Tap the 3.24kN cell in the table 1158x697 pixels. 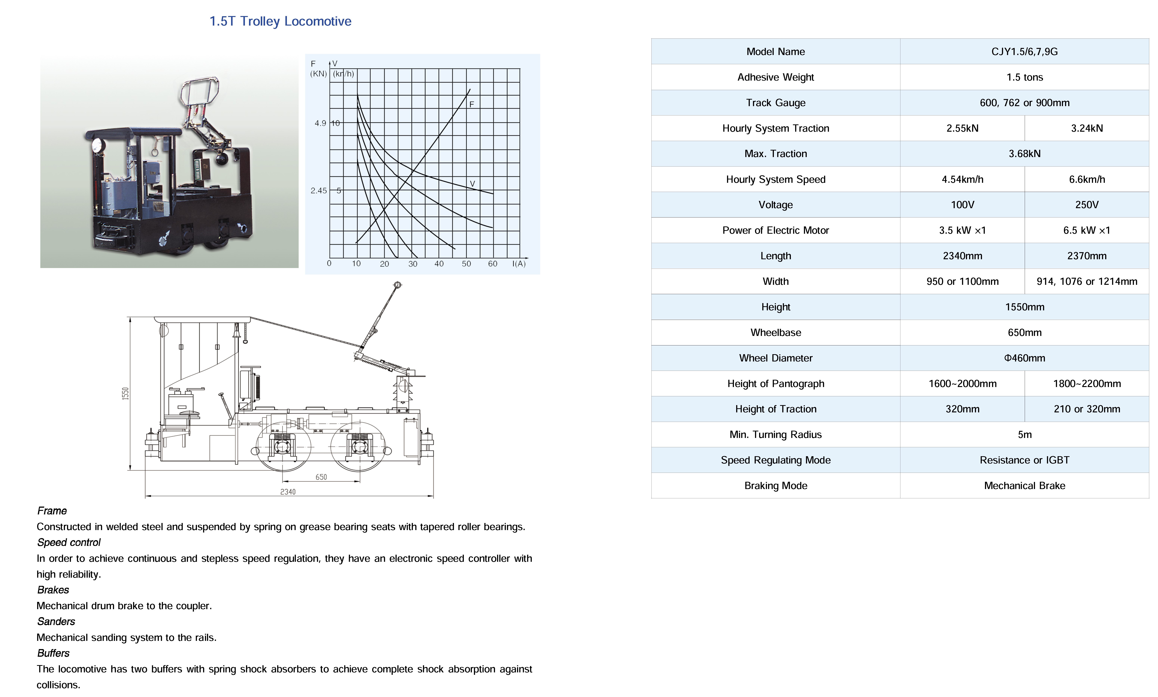[1087, 128]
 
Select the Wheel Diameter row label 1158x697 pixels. [775, 358]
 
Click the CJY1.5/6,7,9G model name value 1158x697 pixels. [1025, 52]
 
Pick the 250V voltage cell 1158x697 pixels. [1087, 205]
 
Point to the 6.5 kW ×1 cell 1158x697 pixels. [1087, 230]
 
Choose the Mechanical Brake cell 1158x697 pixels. [1025, 486]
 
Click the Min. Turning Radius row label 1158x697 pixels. [775, 434]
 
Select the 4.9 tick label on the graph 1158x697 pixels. [320, 123]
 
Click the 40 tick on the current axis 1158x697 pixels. [439, 264]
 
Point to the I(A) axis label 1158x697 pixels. [519, 264]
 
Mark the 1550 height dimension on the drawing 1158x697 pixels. [125, 394]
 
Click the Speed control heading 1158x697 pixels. [69, 543]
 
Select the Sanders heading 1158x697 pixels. [56, 621]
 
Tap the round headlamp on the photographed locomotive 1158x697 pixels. [98, 145]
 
